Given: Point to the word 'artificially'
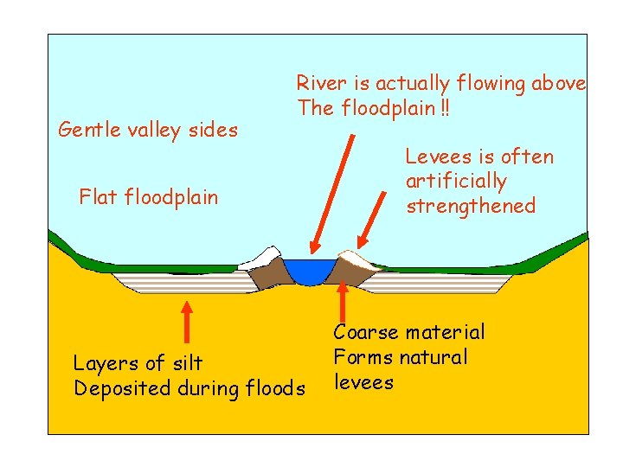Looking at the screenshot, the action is (x=456, y=182).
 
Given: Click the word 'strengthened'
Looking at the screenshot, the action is (x=471, y=207).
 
